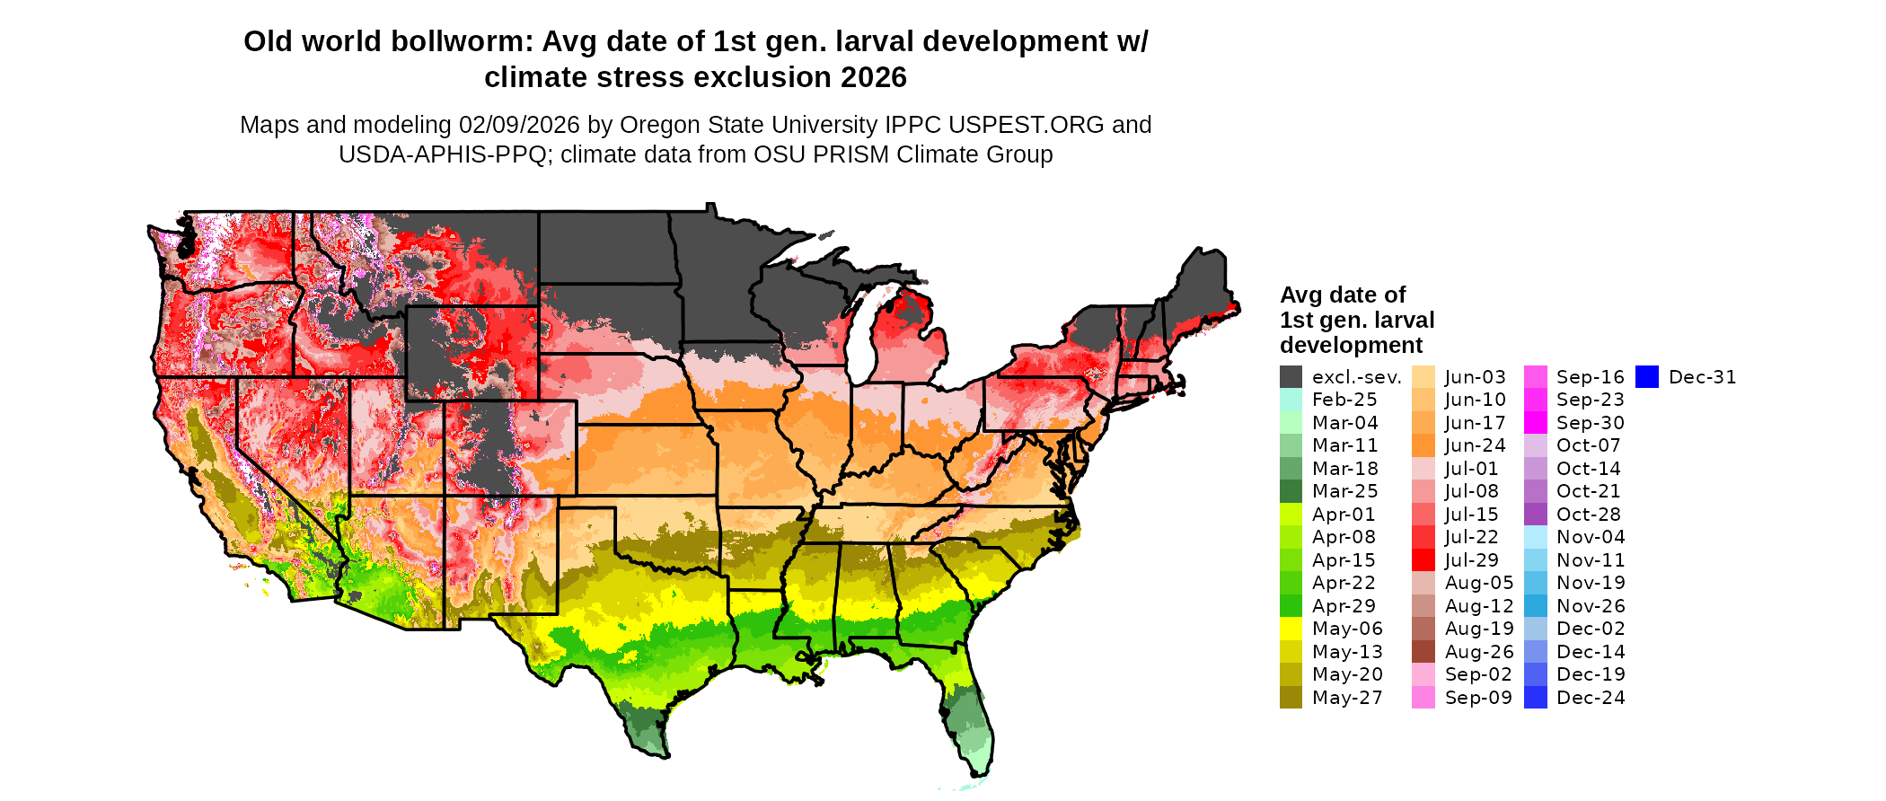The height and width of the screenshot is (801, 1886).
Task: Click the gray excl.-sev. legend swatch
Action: click(x=1291, y=377)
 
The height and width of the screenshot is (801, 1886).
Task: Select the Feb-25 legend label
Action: click(x=1344, y=400)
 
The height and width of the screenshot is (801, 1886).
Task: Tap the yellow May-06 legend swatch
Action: click(x=1291, y=629)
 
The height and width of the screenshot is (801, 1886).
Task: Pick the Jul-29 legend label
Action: click(x=1471, y=560)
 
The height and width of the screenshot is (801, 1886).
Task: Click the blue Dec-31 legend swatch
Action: click(x=1646, y=377)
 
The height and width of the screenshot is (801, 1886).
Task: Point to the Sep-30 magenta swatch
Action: click(x=1535, y=423)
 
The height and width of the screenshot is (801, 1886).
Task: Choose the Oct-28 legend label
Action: click(x=1588, y=515)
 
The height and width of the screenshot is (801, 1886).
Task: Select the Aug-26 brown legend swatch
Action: click(x=1423, y=652)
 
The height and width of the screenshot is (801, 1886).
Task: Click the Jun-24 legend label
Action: click(x=1475, y=445)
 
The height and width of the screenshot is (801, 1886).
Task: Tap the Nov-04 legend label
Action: click(x=1591, y=537)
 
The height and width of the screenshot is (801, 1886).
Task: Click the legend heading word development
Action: click(x=1351, y=346)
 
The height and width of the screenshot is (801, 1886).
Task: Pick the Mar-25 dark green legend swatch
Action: click(x=1291, y=491)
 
